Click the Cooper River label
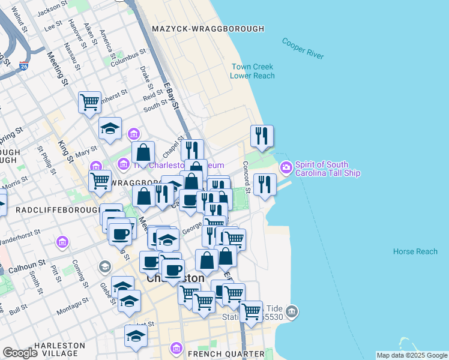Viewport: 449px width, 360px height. [303, 49]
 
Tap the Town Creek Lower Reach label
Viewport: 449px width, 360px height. [252, 71]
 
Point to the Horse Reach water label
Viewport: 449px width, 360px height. [415, 251]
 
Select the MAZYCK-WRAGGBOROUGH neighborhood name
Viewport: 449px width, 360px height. [208, 29]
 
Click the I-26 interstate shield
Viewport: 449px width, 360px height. [23, 63]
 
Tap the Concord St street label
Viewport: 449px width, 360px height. [246, 173]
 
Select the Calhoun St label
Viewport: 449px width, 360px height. [26, 264]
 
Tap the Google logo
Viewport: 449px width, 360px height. [20, 353]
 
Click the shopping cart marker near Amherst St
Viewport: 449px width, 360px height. [89, 101]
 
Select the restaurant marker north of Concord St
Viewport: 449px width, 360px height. [262, 136]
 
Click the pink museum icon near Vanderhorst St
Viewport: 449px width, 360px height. [62, 242]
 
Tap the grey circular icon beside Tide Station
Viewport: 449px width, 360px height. [292, 311]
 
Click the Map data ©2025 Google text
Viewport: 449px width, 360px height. [412, 355]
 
